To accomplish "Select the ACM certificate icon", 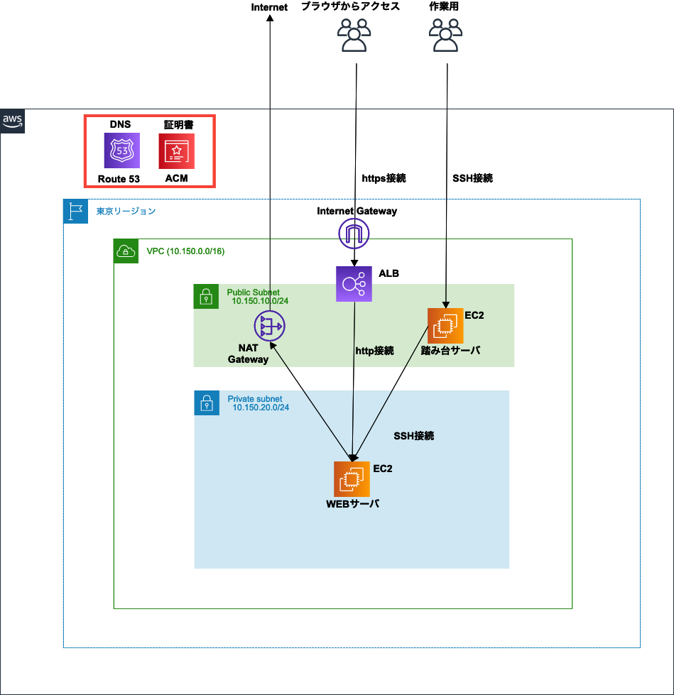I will (x=176, y=151).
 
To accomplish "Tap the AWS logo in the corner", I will (x=13, y=121).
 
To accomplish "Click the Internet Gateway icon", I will (x=354, y=233).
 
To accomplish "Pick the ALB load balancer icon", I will (x=354, y=284).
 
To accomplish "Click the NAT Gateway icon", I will (x=269, y=327).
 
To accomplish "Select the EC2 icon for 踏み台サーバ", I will (x=445, y=326).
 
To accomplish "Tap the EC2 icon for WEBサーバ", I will (x=352, y=479).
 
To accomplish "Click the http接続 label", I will (x=374, y=351).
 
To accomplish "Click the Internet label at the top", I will (x=270, y=7).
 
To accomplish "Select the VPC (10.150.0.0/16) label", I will (x=185, y=251).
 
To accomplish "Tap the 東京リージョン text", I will (x=126, y=211).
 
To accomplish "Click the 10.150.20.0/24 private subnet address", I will (x=261, y=408).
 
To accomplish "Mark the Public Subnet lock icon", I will (x=206, y=296).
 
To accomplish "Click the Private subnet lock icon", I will (x=207, y=403).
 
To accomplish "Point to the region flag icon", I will (x=76, y=212).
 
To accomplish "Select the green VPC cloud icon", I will (x=126, y=251).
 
